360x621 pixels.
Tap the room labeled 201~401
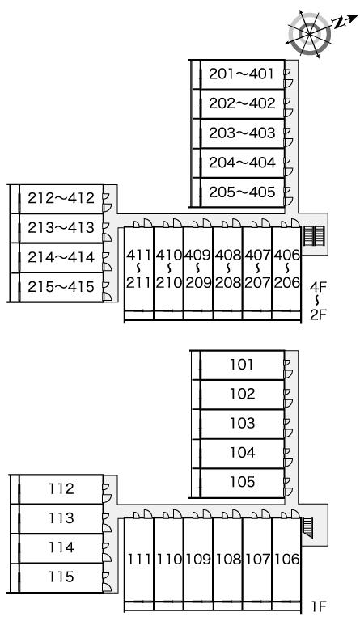(x=243, y=74)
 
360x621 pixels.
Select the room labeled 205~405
(x=243, y=192)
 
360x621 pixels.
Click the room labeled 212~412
(x=61, y=198)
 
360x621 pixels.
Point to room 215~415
(x=61, y=287)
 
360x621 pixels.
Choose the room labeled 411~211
(x=139, y=268)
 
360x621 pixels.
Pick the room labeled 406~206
(x=286, y=268)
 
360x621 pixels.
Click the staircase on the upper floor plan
(x=314, y=236)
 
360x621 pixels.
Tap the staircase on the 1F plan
(x=307, y=527)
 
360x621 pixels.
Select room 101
(x=243, y=365)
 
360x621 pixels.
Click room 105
(x=243, y=483)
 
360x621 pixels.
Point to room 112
(x=61, y=489)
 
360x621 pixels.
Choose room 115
(x=61, y=578)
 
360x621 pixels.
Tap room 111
(x=139, y=560)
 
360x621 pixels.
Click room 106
(x=286, y=560)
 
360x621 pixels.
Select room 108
(x=227, y=560)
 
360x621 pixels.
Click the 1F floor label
(x=318, y=606)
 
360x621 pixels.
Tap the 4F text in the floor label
(x=318, y=286)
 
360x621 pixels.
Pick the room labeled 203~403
(x=243, y=133)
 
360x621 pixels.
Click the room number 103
(x=243, y=424)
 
